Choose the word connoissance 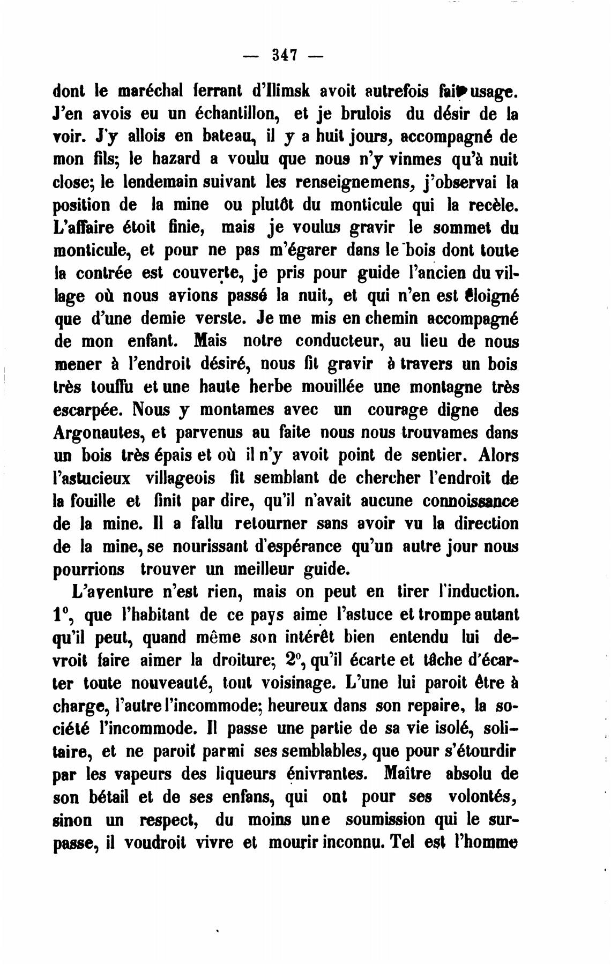(x=470, y=501)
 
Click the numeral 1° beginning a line (x=63, y=615)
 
